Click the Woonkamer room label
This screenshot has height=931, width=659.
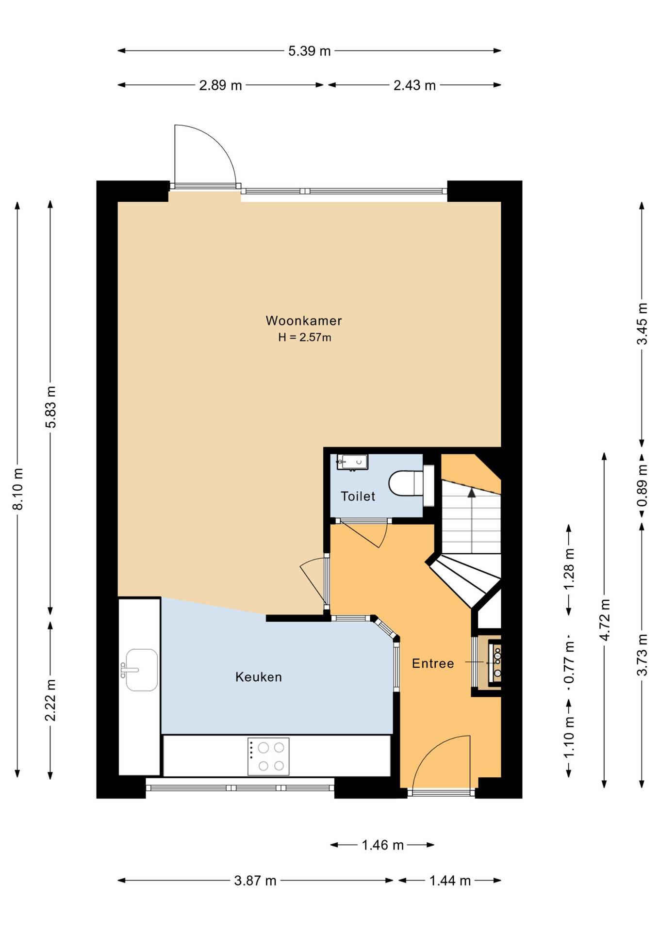pyautogui.click(x=304, y=321)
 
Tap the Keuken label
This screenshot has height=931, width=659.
pyautogui.click(x=258, y=677)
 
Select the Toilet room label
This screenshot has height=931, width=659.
pyautogui.click(x=358, y=496)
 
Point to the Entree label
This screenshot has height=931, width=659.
pyautogui.click(x=433, y=663)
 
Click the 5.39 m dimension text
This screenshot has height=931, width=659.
pyautogui.click(x=309, y=51)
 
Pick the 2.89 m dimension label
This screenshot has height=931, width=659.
pyautogui.click(x=220, y=85)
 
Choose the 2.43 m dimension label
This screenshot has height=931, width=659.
pyautogui.click(x=414, y=85)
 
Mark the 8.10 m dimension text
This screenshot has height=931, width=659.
pyautogui.click(x=18, y=489)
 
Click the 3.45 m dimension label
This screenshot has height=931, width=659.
pyautogui.click(x=642, y=324)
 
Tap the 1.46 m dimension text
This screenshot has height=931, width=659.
pyautogui.click(x=382, y=845)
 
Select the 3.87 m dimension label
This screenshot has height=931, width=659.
pyautogui.click(x=255, y=881)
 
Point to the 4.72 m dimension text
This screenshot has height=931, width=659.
pyautogui.click(x=605, y=620)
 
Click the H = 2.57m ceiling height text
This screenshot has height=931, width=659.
pyautogui.click(x=305, y=337)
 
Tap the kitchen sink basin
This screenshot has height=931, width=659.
pyautogui.click(x=141, y=670)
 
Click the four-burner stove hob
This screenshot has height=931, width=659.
pyautogui.click(x=268, y=756)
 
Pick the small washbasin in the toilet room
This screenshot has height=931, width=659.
pyautogui.click(x=353, y=462)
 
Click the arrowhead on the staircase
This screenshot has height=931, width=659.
pyautogui.click(x=472, y=493)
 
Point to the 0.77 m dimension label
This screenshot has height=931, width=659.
pyautogui.click(x=569, y=661)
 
